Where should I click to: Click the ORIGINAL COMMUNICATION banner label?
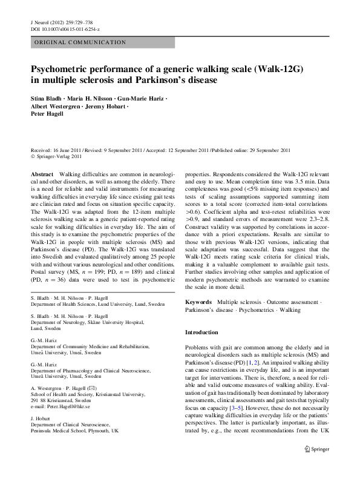point(79,42)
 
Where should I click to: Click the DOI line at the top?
point(57,29)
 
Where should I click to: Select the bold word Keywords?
point(198,301)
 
